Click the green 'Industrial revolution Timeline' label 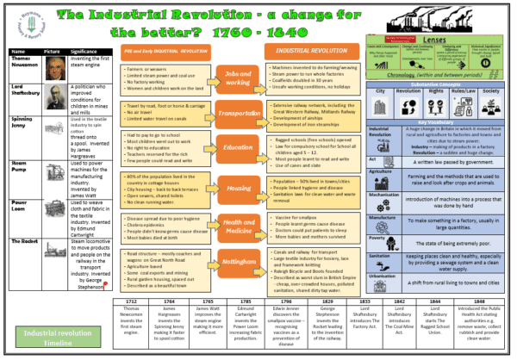57,336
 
